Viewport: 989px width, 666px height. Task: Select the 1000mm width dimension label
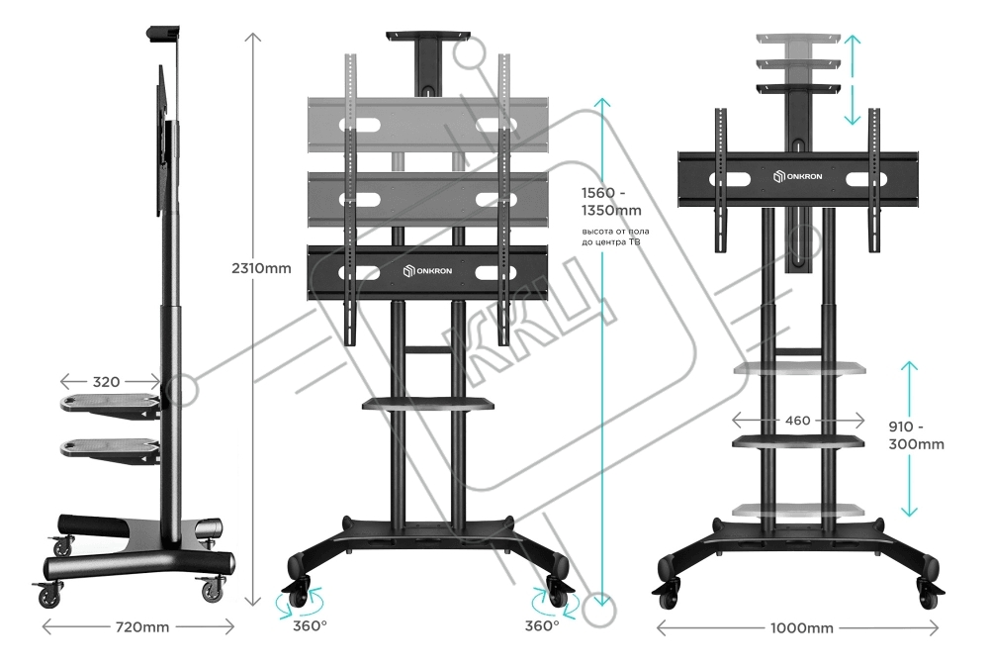tap(801, 627)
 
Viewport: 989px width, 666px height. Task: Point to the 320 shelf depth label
tap(108, 381)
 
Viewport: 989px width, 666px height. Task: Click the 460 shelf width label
tap(797, 421)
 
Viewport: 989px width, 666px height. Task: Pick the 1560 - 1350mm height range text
tap(611, 202)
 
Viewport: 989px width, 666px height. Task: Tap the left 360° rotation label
tap(311, 624)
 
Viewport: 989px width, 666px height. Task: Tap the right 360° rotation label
tap(542, 624)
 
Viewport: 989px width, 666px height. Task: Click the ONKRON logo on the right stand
tap(797, 176)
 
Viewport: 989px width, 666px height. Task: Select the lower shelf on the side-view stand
tap(109, 447)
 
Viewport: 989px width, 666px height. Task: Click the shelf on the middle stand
tap(427, 403)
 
